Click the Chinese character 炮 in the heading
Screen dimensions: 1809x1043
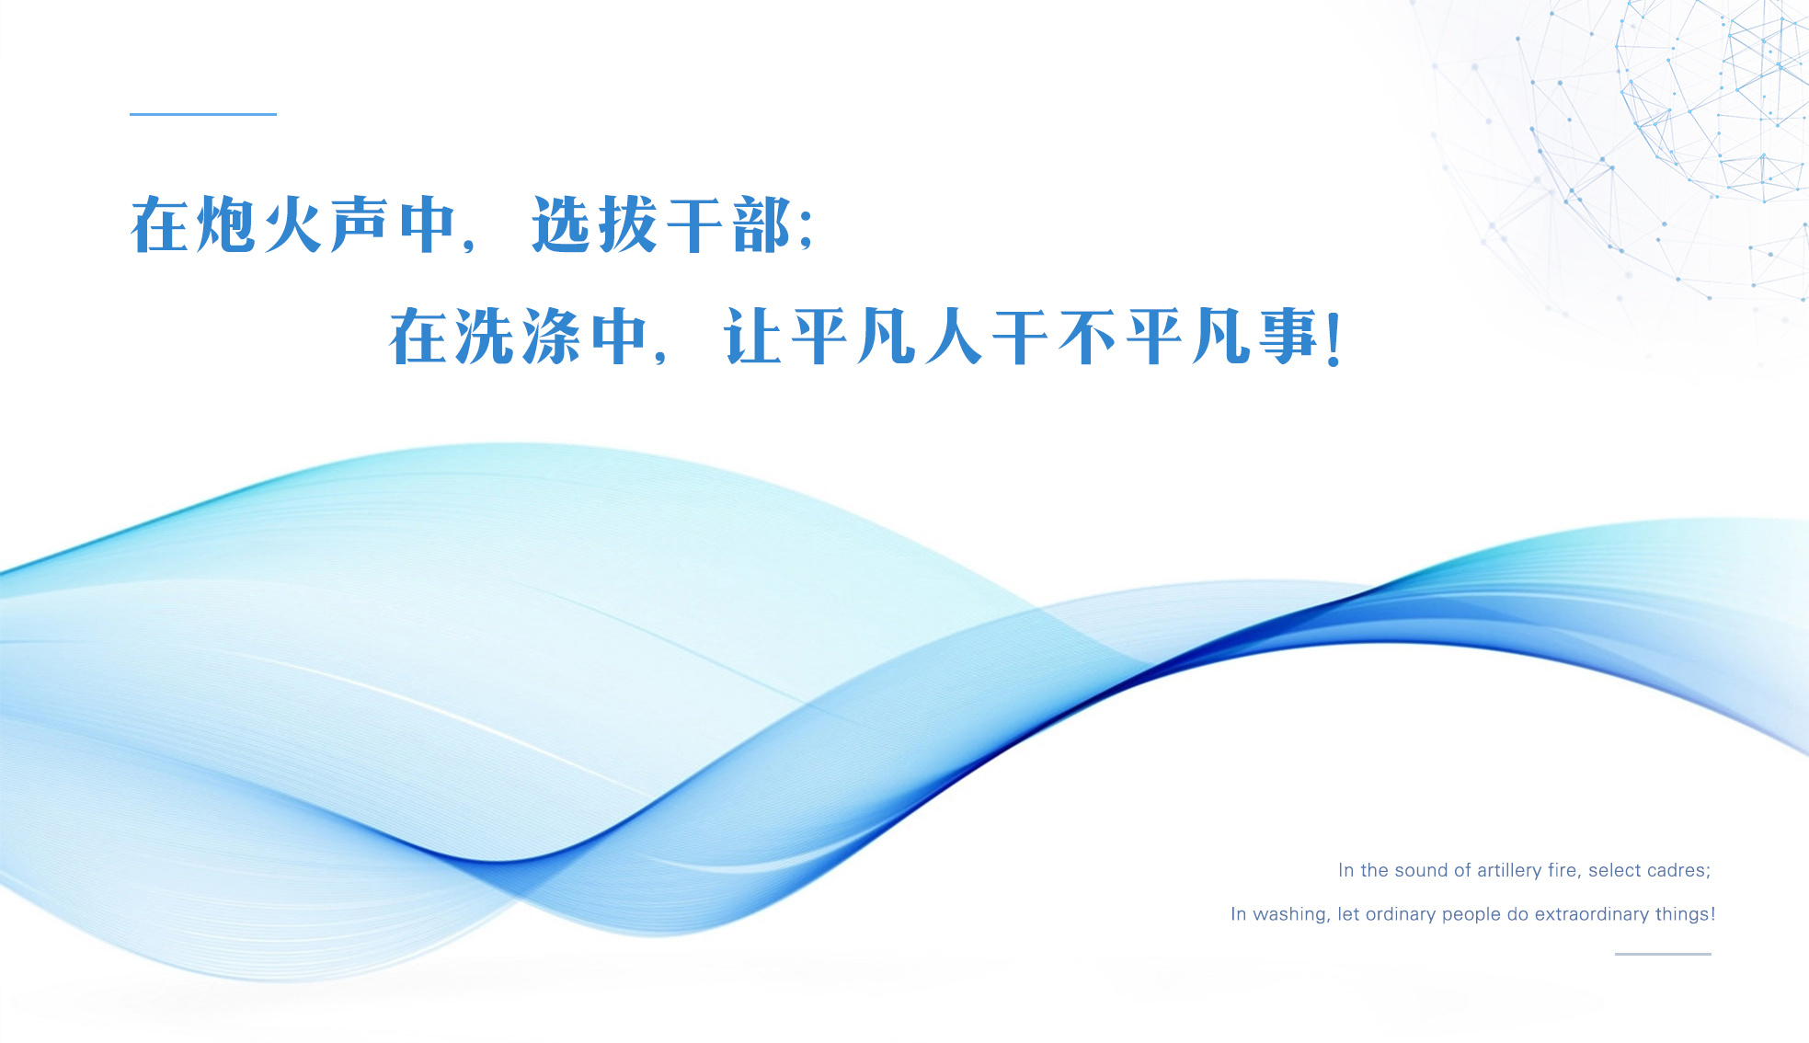(226, 224)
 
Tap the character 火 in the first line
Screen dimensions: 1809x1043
(293, 224)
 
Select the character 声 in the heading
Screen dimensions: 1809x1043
(360, 224)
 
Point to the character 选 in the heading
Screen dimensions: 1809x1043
(560, 224)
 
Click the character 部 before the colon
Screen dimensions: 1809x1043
(761, 224)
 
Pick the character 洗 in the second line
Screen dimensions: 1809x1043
(486, 337)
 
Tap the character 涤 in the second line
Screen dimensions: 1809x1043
(552, 337)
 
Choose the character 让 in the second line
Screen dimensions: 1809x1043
(753, 337)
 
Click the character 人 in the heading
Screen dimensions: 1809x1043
(954, 337)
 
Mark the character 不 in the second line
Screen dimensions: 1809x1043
(1088, 337)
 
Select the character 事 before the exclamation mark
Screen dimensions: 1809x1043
(1288, 337)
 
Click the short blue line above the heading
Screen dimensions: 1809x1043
(203, 114)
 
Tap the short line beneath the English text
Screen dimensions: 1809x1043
(1663, 954)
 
